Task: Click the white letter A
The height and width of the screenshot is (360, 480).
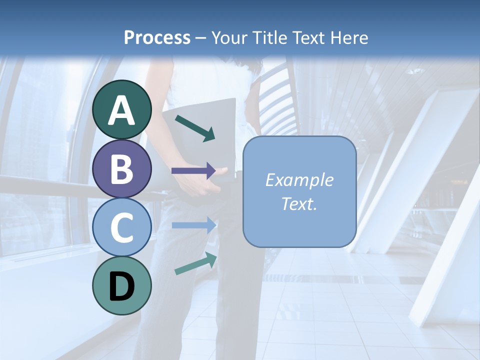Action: [122, 111]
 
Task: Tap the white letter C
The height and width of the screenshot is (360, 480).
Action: [122, 227]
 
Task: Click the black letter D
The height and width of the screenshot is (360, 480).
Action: [122, 286]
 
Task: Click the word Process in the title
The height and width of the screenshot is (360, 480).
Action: [157, 37]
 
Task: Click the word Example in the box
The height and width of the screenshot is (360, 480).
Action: [299, 180]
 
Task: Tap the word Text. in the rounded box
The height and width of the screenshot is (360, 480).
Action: [299, 203]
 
